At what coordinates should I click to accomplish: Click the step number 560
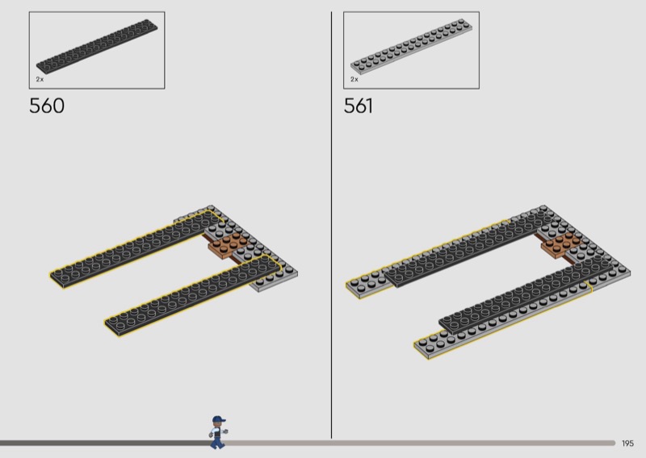[x=47, y=106]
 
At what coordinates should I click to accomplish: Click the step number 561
[x=358, y=106]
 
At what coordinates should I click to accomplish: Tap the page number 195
[x=627, y=443]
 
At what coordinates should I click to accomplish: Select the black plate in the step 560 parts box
[x=97, y=46]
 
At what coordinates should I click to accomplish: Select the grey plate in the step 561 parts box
[x=411, y=46]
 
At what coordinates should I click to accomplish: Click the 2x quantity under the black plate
[x=40, y=79]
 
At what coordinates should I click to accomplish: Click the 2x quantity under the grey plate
[x=354, y=79]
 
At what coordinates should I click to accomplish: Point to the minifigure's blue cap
[x=219, y=419]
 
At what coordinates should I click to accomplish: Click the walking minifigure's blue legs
[x=217, y=442]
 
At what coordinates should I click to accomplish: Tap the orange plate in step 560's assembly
[x=228, y=245]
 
